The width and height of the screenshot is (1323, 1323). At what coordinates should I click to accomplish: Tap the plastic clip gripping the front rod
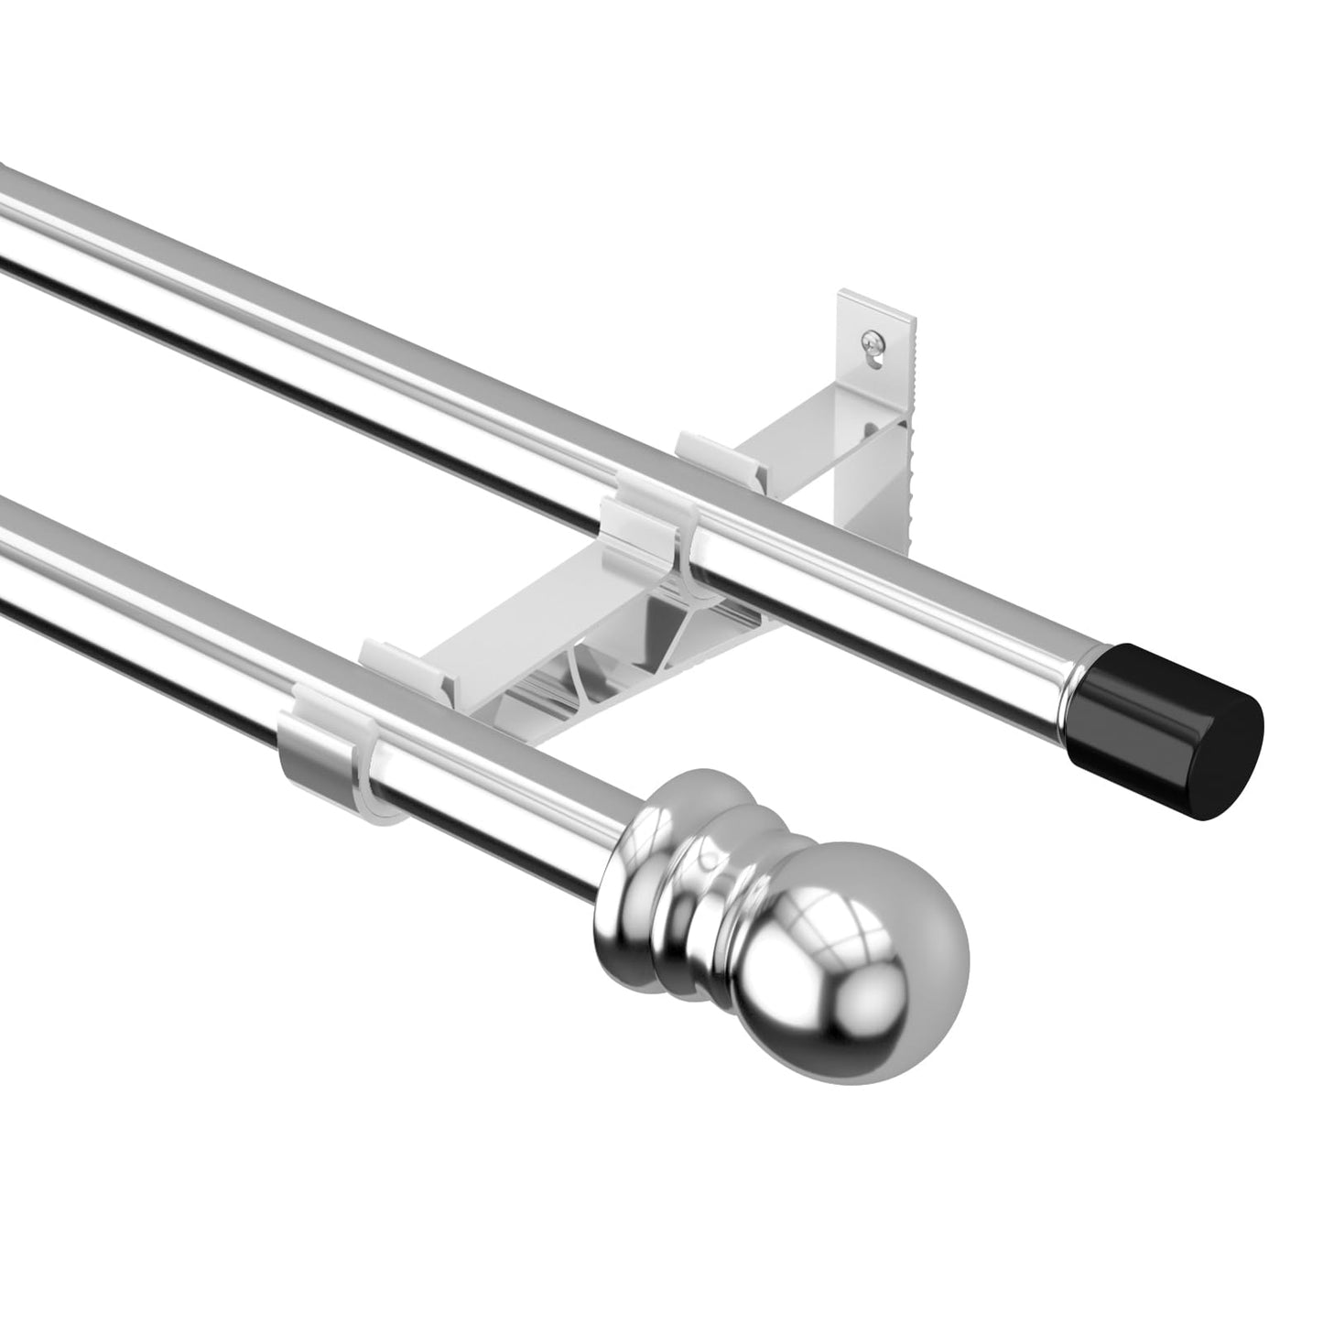coord(330,751)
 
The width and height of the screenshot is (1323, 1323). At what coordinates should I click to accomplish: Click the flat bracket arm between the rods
coord(531,632)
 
